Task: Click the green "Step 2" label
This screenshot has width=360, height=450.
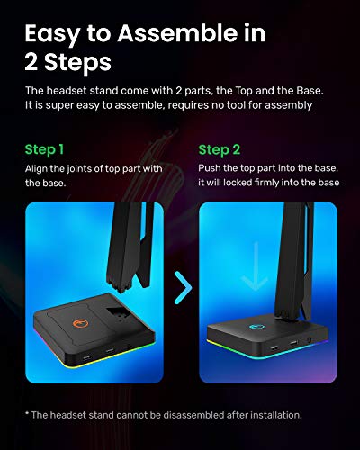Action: (220, 149)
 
